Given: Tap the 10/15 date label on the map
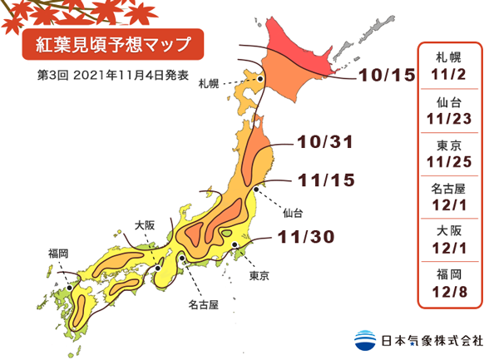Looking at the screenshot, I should click(387, 76).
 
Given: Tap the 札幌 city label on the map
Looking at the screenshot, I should click(209, 83).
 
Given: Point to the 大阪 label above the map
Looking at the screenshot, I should click(145, 224).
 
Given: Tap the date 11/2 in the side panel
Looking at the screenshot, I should click(452, 74).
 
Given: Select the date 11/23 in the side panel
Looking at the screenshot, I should click(452, 118).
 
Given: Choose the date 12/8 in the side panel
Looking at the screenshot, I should click(452, 293).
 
